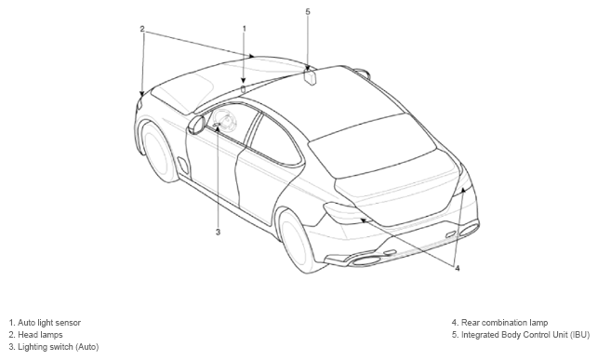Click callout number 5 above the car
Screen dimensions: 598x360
pyautogui.click(x=308, y=11)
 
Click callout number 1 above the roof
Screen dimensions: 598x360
pyautogui.click(x=244, y=28)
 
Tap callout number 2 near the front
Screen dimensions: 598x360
pyautogui.click(x=142, y=29)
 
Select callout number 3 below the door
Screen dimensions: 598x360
pyautogui.click(x=218, y=232)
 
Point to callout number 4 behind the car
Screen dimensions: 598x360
pyautogui.click(x=458, y=268)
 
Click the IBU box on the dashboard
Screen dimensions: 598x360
pyautogui.click(x=310, y=77)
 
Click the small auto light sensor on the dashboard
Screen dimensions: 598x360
pyautogui.click(x=244, y=89)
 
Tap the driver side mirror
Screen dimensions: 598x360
pyautogui.click(x=196, y=125)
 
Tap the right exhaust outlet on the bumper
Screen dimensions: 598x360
pyautogui.click(x=469, y=230)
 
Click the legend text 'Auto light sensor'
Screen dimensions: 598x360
pyautogui.click(x=49, y=323)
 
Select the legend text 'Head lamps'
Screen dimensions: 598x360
pyautogui.click(x=40, y=335)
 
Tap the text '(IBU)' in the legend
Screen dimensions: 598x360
pyautogui.click(x=579, y=335)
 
